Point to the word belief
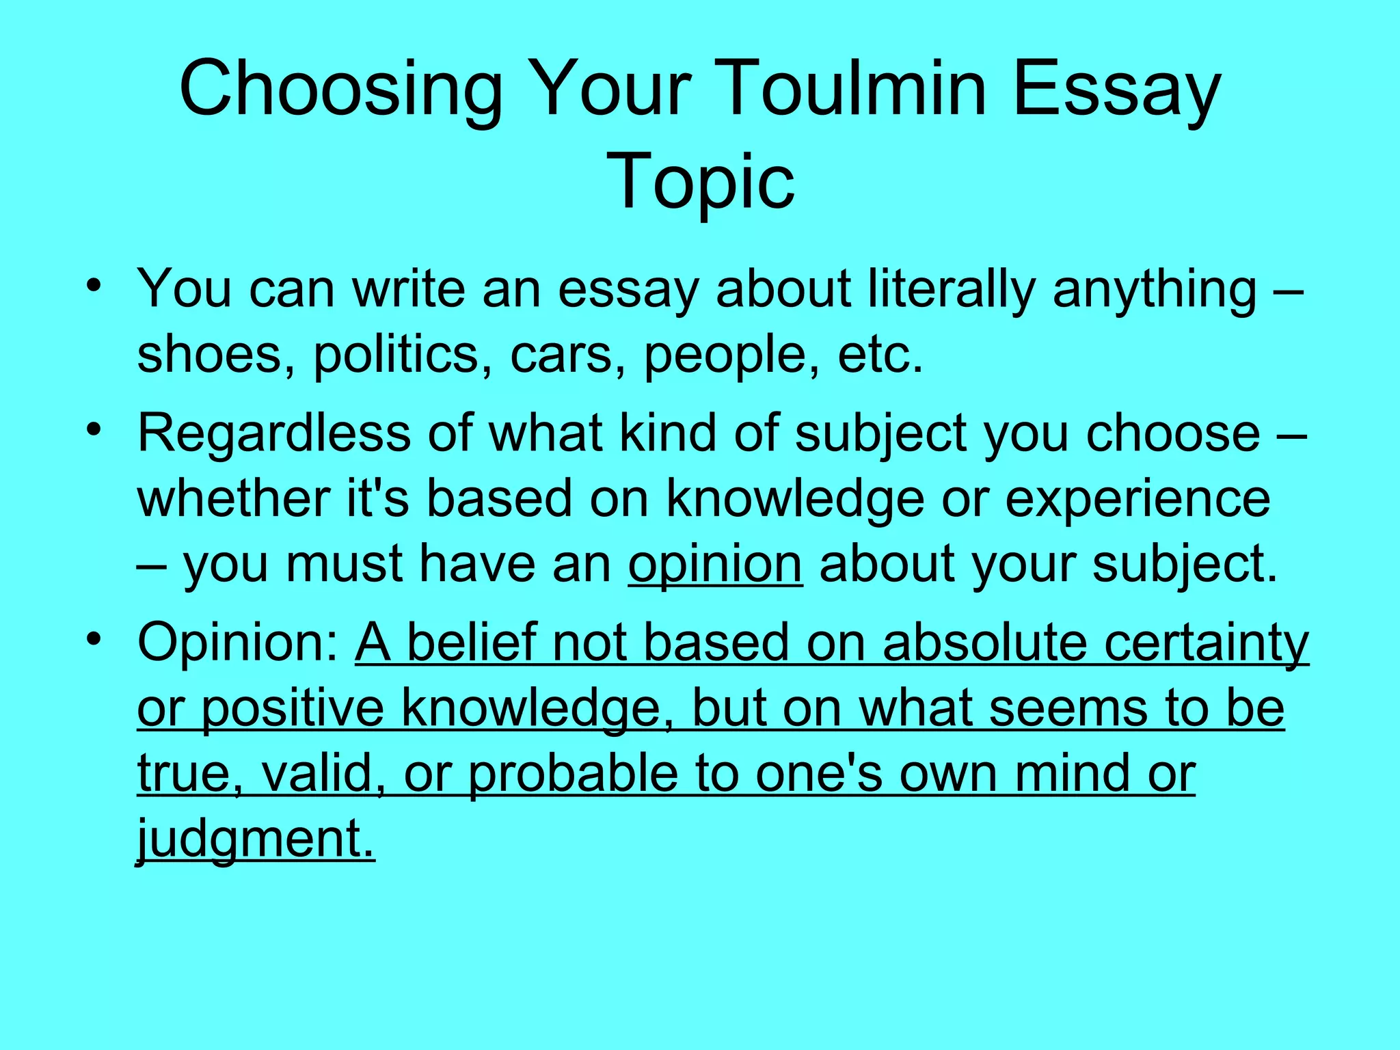pos(471,643)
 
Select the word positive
pos(293,709)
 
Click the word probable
pos(572,775)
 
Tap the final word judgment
pos(256,839)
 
